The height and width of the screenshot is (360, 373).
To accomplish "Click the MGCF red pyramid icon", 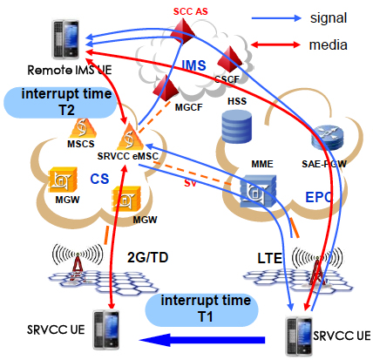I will point(165,88).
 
